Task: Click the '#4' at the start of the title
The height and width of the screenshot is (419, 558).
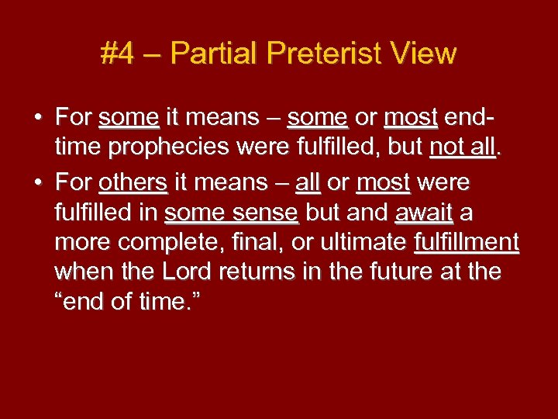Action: pyautogui.click(x=117, y=54)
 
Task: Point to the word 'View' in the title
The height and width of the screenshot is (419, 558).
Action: pyautogui.click(x=425, y=54)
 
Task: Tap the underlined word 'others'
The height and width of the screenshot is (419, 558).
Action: pyautogui.click(x=133, y=183)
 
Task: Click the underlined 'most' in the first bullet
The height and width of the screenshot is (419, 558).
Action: pyautogui.click(x=411, y=118)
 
